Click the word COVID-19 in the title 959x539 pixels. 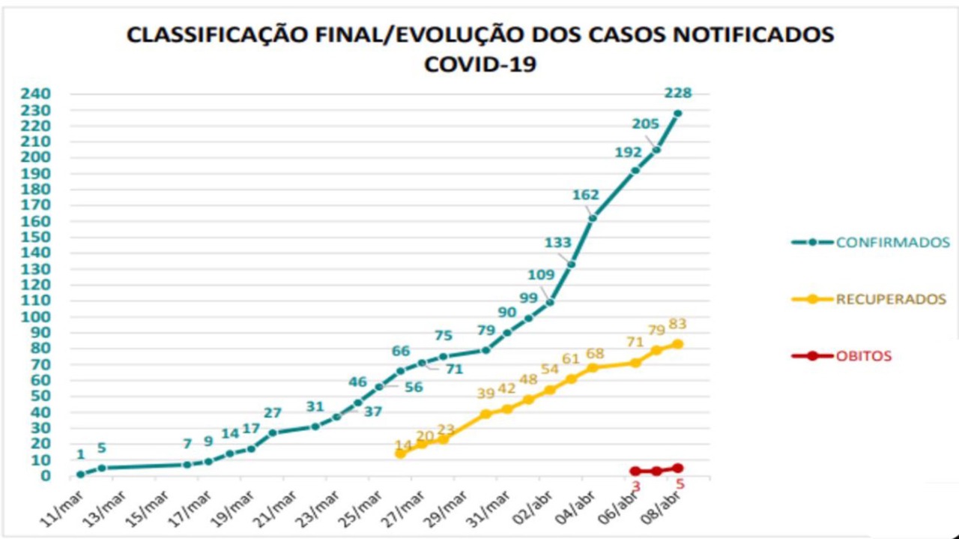coord(479,64)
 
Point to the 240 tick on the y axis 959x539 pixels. coord(37,94)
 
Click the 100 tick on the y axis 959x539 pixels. coord(37,316)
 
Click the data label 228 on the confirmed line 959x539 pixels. coord(677,94)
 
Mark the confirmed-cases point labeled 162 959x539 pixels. coord(592,218)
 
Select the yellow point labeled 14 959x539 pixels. coord(400,454)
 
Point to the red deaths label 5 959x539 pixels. coord(680,484)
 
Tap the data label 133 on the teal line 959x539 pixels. coord(557,242)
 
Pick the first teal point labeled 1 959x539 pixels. coord(80,474)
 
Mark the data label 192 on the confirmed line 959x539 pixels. coord(628,152)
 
